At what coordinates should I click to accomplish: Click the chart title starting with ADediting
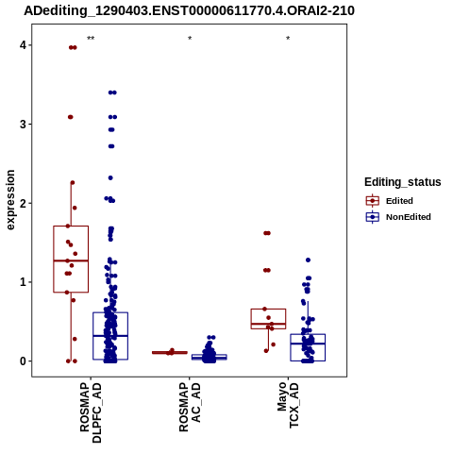coord(189,11)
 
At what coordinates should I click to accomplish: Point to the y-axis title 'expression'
coord(10,200)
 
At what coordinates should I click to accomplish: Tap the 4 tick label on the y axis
coord(23,45)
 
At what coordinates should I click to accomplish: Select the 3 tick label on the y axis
coord(23,125)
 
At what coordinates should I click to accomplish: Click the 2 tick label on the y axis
coord(23,203)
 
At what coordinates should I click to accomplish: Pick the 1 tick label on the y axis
coord(23,282)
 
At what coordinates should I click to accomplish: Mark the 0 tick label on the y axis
coord(23,361)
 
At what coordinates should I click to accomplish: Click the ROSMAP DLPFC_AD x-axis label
coord(91,412)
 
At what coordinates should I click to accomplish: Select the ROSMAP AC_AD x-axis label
coord(190,407)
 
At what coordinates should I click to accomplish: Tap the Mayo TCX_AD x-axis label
coord(288,405)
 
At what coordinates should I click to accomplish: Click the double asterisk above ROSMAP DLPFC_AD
coord(91,39)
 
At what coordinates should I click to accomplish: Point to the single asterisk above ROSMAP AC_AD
coord(190,39)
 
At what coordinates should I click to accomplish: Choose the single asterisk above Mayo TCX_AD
coord(288,39)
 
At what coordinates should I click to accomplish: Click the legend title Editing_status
coord(403,182)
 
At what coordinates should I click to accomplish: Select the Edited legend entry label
coord(399,201)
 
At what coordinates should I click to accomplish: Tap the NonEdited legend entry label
coord(409,217)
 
